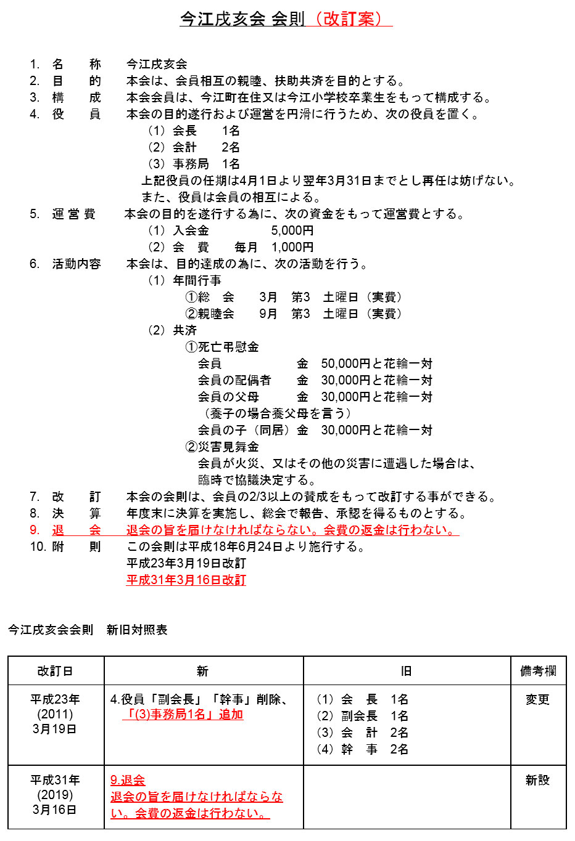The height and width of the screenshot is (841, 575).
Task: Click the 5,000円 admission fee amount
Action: tap(292, 231)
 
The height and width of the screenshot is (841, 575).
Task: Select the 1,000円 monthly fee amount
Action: tap(292, 248)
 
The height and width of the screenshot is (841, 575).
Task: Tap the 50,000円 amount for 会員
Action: tap(345, 364)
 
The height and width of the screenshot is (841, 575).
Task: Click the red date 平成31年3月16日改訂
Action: tap(186, 580)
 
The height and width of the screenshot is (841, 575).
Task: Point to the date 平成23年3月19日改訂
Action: tap(186, 564)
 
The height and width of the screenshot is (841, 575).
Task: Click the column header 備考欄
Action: tap(538, 671)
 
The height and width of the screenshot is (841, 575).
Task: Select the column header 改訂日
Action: tap(56, 671)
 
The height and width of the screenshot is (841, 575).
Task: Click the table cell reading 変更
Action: tap(537, 700)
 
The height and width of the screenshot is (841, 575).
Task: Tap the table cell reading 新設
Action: tap(537, 781)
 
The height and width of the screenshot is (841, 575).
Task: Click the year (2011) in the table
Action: tap(55, 715)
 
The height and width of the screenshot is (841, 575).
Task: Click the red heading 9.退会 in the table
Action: tap(128, 781)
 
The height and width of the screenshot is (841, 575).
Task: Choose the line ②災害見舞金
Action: tap(222, 447)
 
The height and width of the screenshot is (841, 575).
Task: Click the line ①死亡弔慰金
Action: tap(222, 347)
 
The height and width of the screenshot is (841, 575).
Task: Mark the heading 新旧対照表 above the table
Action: tap(137, 630)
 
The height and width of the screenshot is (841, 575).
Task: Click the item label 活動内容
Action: tap(77, 264)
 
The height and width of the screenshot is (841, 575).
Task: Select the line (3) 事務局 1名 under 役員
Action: tap(193, 165)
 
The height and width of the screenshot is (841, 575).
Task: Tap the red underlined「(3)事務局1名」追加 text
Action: tap(183, 715)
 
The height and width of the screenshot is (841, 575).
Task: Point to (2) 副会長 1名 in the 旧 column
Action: tap(362, 717)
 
